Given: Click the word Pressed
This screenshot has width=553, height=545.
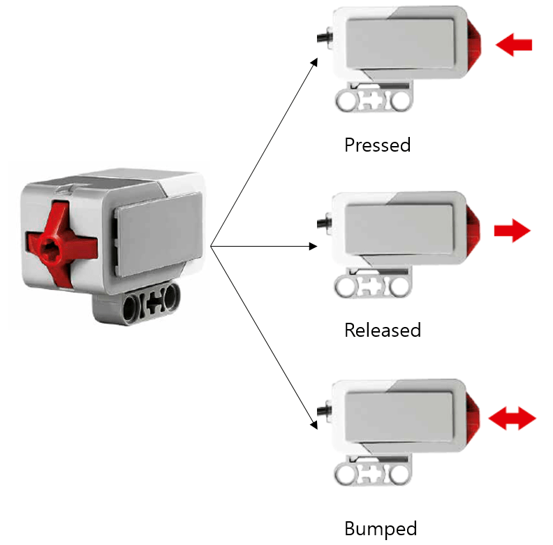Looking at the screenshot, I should (x=377, y=145).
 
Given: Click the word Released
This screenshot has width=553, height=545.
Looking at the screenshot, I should (x=383, y=330).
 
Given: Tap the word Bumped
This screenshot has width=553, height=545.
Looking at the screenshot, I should (x=381, y=528).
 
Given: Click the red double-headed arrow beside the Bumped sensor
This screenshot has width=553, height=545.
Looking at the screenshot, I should (x=512, y=419).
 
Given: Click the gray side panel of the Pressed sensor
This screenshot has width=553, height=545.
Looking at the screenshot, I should (x=401, y=45).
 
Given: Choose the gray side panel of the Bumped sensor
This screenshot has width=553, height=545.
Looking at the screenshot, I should (x=401, y=418).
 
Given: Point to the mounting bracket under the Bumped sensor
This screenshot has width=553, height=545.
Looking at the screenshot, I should (x=373, y=474).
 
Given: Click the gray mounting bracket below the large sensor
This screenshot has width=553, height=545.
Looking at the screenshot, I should (x=146, y=306).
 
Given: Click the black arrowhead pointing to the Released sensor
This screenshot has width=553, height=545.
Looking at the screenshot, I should (x=314, y=246).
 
